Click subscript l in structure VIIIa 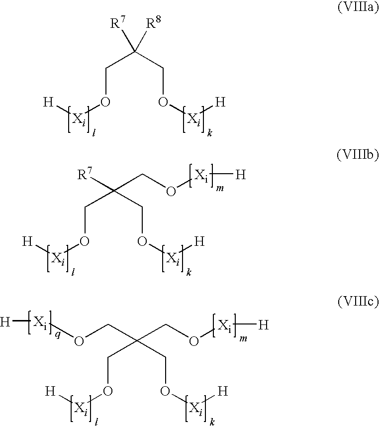click(x=93, y=132)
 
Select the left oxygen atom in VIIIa click(x=105, y=103)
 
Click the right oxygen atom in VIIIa click(x=163, y=103)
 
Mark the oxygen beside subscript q click(x=79, y=340)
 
